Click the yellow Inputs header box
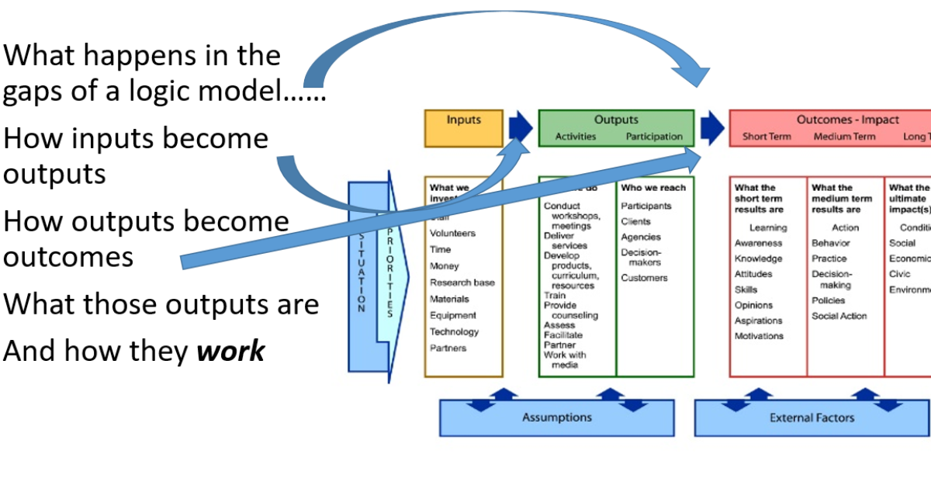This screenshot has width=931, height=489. pyautogui.click(x=463, y=128)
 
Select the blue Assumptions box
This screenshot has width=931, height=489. pyautogui.click(x=556, y=418)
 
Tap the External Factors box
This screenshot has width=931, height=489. pyautogui.click(x=812, y=418)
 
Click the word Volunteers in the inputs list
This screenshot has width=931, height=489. pyautogui.click(x=452, y=234)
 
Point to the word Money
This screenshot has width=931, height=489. pyautogui.click(x=445, y=266)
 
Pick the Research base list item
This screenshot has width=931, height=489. pyautogui.click(x=462, y=283)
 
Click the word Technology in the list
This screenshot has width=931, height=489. pyautogui.click(x=454, y=331)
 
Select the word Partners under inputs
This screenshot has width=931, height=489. pyautogui.click(x=448, y=348)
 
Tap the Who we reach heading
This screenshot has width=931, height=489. pyautogui.click(x=653, y=187)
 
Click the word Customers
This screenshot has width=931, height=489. pyautogui.click(x=644, y=278)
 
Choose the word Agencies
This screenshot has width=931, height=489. pyautogui.click(x=641, y=238)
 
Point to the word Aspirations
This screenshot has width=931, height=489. pyautogui.click(x=759, y=321)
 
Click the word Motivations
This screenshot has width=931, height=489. pyautogui.click(x=760, y=336)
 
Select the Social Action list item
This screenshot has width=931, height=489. pyautogui.click(x=839, y=316)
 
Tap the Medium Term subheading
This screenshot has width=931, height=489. pyautogui.click(x=844, y=137)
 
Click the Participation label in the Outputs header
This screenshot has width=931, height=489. pyautogui.click(x=654, y=137)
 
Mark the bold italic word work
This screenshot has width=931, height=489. pyautogui.click(x=230, y=352)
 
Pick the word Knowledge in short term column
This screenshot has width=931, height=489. pyautogui.click(x=759, y=258)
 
